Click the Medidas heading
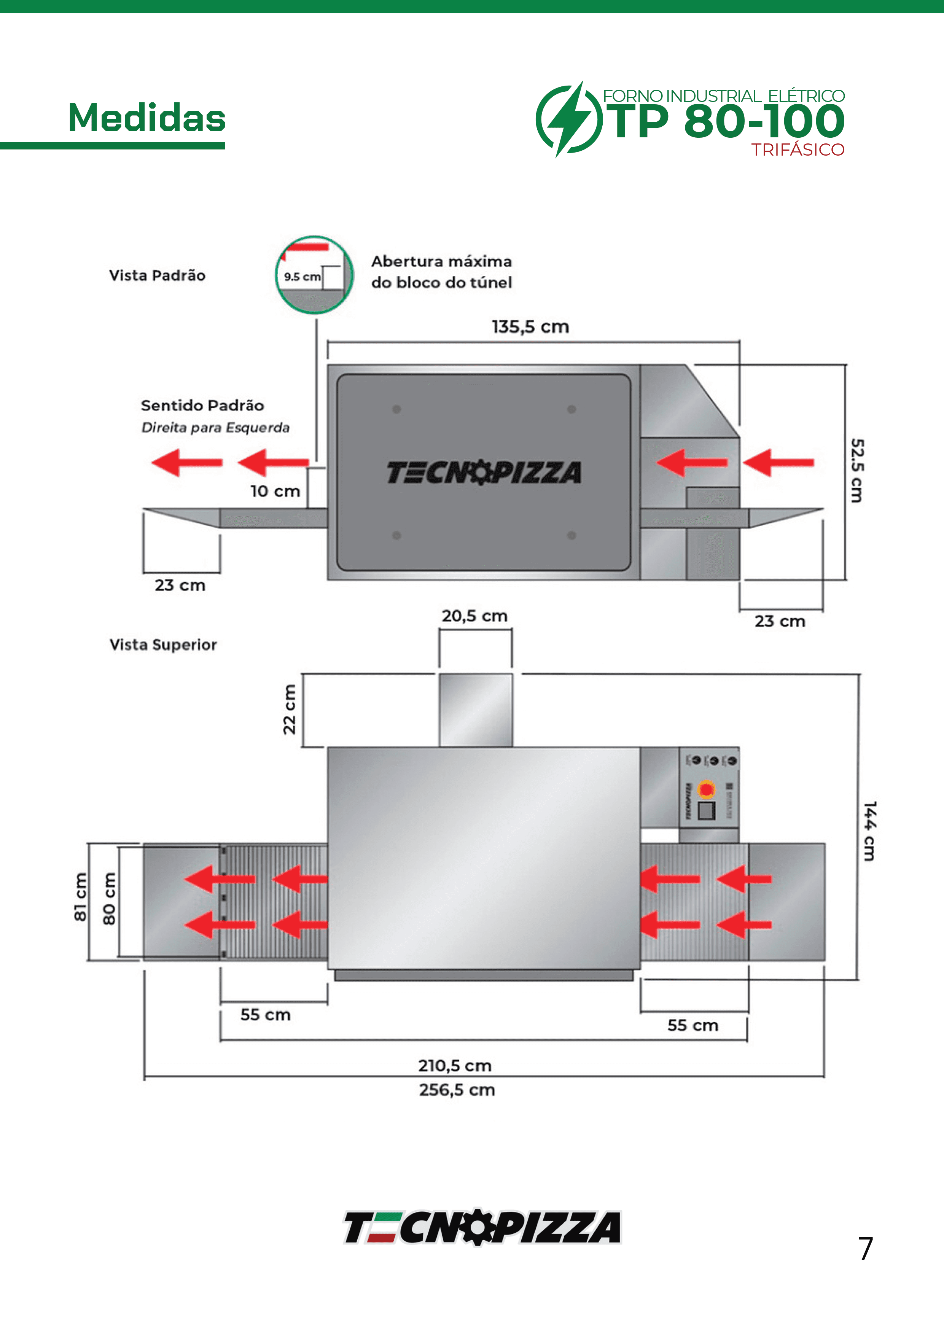click(x=146, y=118)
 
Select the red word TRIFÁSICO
click(x=798, y=150)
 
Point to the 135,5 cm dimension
click(x=530, y=327)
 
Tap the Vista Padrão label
click(x=157, y=275)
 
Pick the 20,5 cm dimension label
click(x=474, y=616)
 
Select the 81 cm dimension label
click(x=80, y=897)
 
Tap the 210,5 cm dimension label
click(x=455, y=1066)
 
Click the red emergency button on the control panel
click(x=706, y=789)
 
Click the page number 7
click(x=866, y=1249)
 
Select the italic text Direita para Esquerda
click(x=215, y=428)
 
